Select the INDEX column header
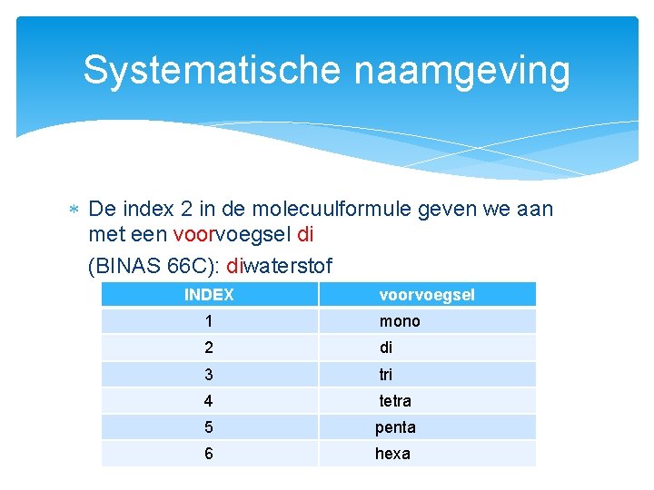coord(209,294)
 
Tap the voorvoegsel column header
coord(426,294)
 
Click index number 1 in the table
coord(209,321)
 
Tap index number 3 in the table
coord(209,374)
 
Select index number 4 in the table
coord(209,400)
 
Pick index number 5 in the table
coord(209,426)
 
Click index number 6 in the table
coord(209,453)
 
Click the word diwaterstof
coord(280,266)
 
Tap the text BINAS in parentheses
coord(123,266)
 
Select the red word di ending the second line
coord(305,235)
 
